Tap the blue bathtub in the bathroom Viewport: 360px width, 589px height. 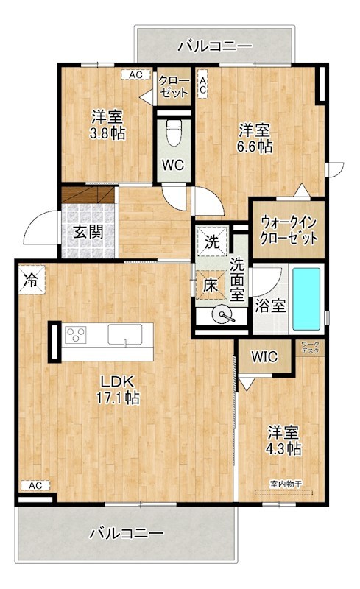[x=306, y=298]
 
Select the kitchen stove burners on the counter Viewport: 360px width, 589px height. [x=76, y=336]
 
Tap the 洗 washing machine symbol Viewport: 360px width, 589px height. [x=212, y=241]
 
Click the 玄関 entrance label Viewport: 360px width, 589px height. [x=88, y=230]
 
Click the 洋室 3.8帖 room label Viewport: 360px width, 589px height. [x=107, y=125]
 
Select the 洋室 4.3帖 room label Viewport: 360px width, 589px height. [x=283, y=440]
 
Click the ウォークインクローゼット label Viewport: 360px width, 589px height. [x=288, y=230]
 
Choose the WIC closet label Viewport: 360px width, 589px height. [x=264, y=357]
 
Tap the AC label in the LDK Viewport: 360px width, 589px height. [x=34, y=485]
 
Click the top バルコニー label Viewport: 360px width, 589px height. [x=216, y=46]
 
